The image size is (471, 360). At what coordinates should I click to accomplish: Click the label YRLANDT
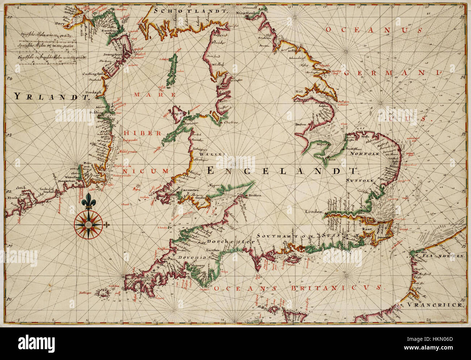(x=52, y=96)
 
